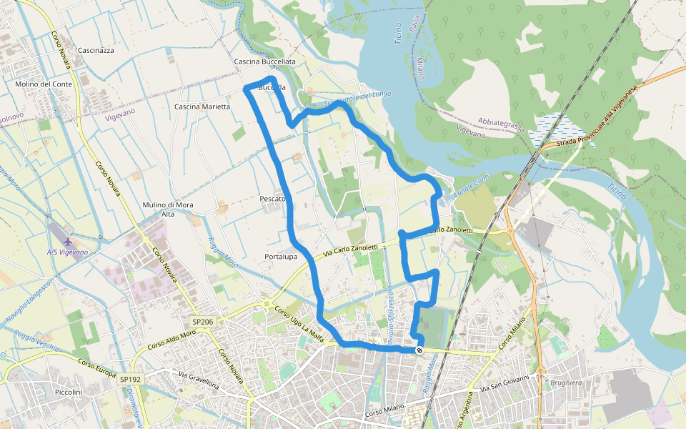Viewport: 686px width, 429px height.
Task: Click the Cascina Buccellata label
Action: pos(264,62)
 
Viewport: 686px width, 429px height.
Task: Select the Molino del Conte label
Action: pos(44,84)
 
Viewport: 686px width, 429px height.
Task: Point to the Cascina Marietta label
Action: pos(202,107)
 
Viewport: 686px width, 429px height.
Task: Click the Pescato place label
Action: pos(274,199)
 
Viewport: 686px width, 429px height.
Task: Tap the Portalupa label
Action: pos(281,257)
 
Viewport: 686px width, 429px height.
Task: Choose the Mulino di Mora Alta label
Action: pos(168,209)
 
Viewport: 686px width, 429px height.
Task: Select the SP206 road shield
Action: pos(203,322)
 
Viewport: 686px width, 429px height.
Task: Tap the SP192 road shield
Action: pos(130,379)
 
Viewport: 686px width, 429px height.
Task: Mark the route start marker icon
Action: pos(419,350)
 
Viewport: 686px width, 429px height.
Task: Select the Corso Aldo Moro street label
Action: pos(171,341)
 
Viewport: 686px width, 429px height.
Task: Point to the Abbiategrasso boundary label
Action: pos(501,126)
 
